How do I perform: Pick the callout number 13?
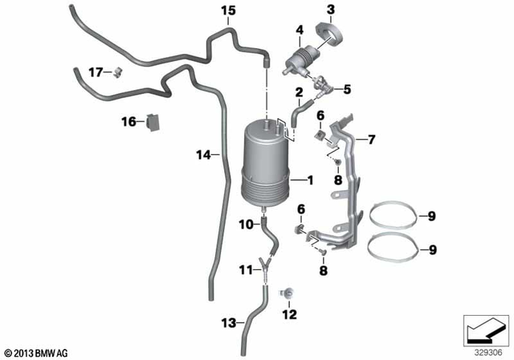tap(229, 323)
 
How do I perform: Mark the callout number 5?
tap(348, 88)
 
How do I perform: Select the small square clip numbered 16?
tap(154, 122)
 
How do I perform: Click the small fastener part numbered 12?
tap(287, 293)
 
